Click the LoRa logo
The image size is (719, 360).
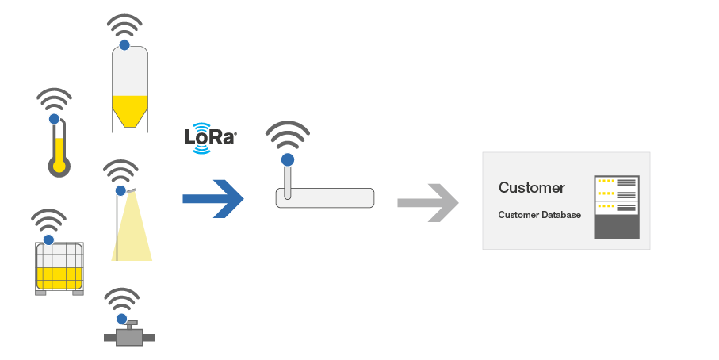coord(210,136)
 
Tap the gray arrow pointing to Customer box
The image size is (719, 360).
coord(428,201)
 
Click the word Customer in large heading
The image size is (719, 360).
coord(531,188)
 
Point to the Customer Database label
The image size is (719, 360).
coord(539,215)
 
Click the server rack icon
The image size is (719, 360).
coord(616,207)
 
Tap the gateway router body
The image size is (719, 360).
coord(324,198)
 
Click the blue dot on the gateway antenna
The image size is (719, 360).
coord(287,159)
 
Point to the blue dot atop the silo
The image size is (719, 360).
coord(124,45)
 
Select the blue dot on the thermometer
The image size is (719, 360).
coord(54,119)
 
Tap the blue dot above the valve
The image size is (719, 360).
coord(121,318)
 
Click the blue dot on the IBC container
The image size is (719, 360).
coord(48,239)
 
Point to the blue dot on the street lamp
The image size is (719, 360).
coord(120,191)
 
